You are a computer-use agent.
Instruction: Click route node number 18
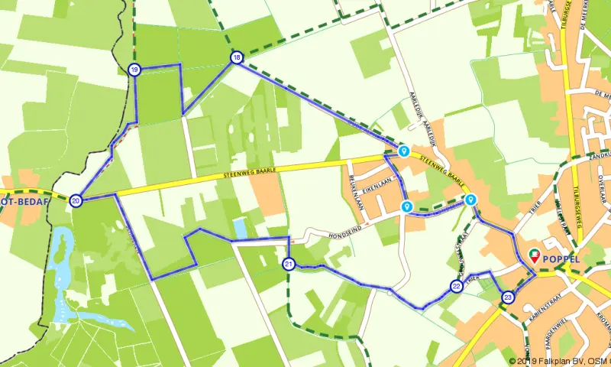tap(237, 58)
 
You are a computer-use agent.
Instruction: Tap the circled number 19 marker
tap(134, 70)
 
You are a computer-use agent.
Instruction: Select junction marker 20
tap(76, 201)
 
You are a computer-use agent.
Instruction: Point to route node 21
tap(288, 265)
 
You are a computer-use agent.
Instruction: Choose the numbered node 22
tap(456, 287)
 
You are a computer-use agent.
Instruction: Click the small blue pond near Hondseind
tap(241, 227)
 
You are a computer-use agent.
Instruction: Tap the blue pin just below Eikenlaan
tap(406, 206)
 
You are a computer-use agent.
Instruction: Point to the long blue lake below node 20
tap(61, 260)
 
